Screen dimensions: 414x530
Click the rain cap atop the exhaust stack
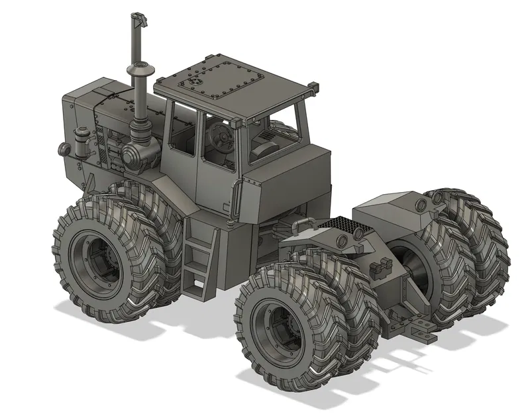tap(139, 20)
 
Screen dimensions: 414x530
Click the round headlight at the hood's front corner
tap(64, 149)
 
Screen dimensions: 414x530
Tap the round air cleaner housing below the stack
tap(136, 156)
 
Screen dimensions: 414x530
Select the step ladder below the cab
tap(199, 258)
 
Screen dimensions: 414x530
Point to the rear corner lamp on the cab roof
tap(313, 87)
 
